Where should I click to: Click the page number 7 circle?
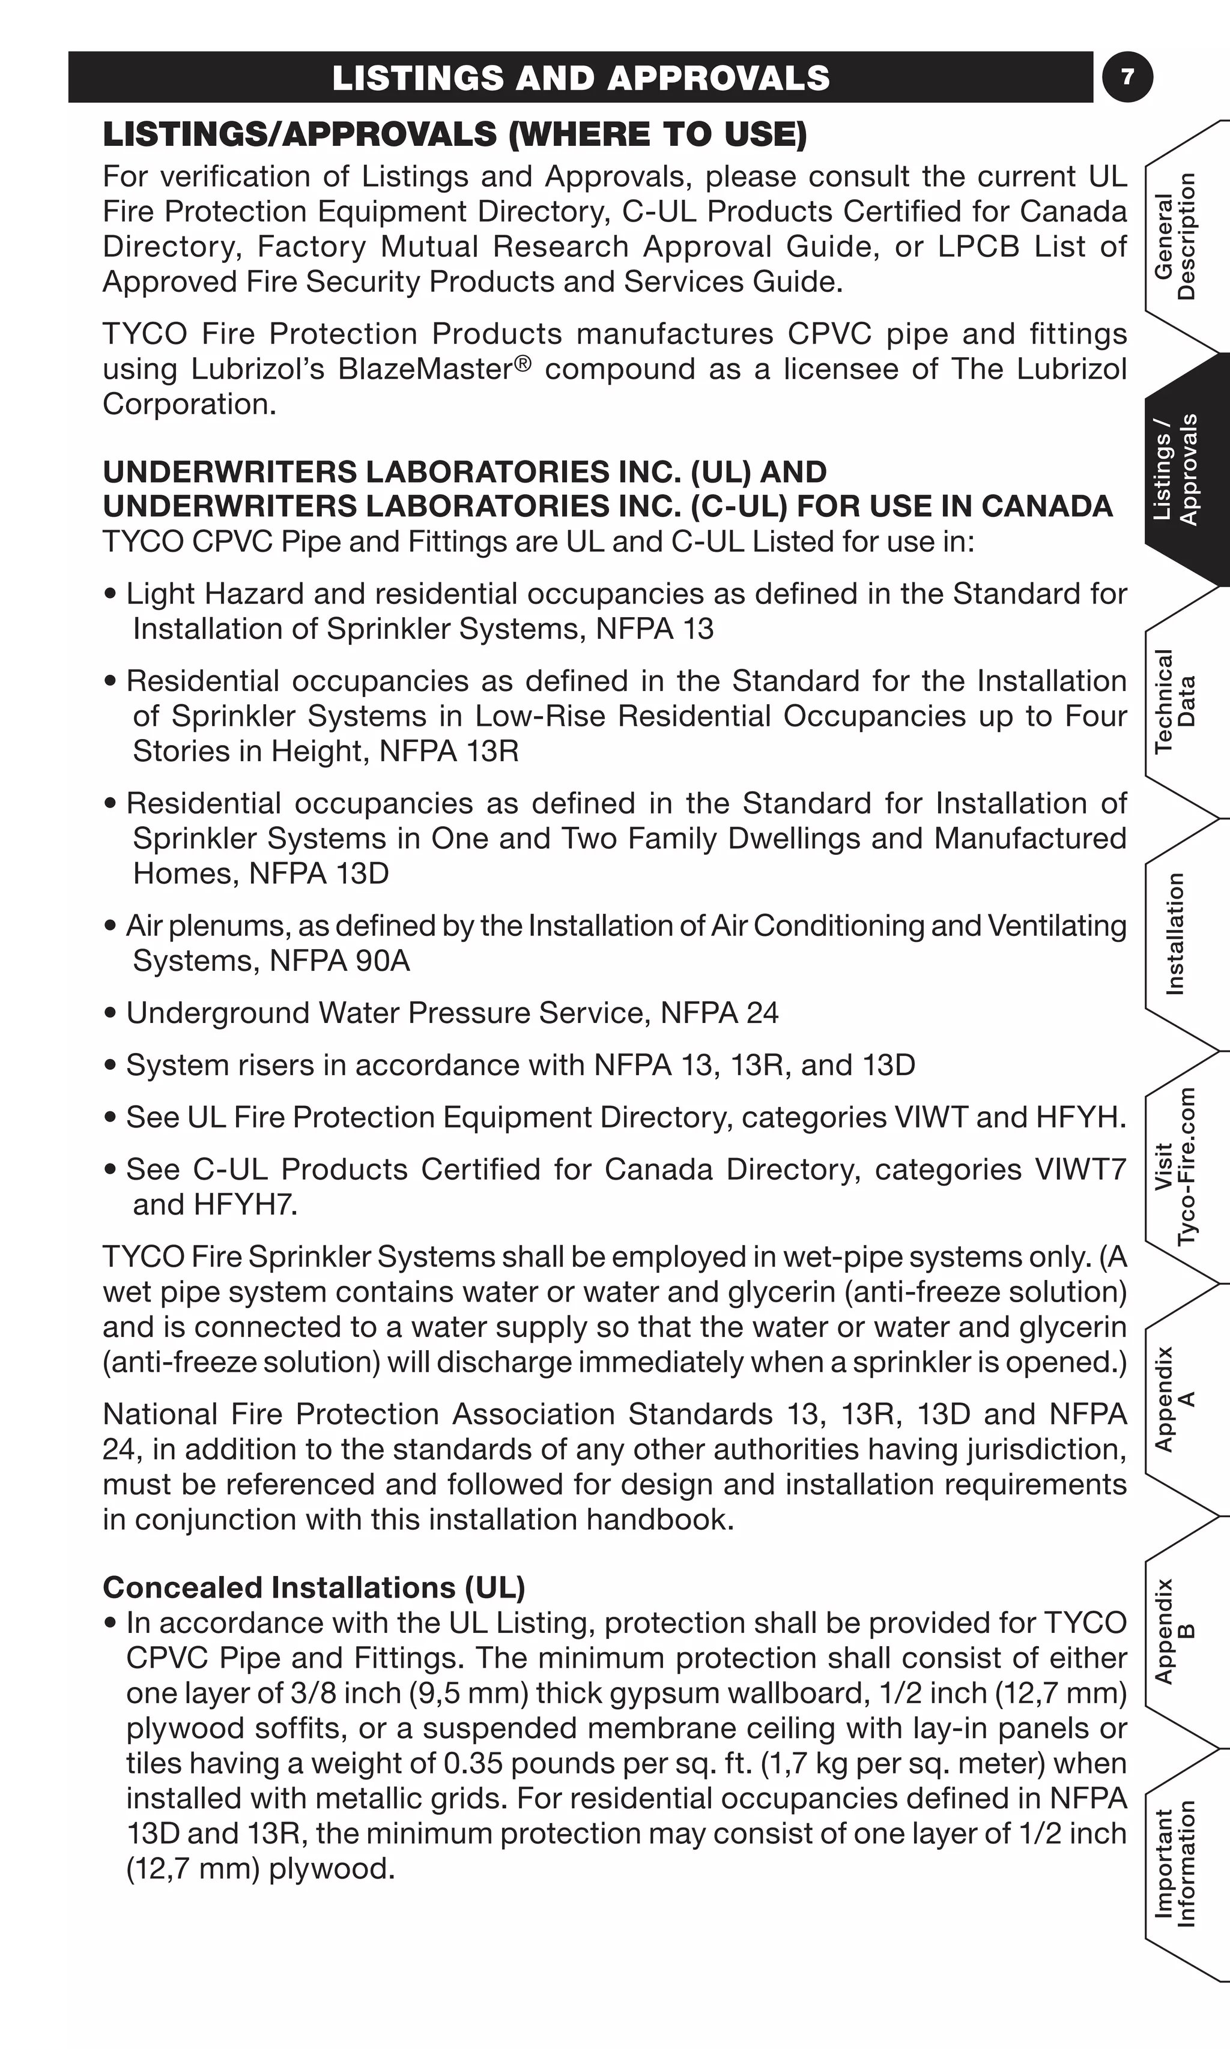pyautogui.click(x=1127, y=77)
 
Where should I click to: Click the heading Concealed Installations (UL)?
pyautogui.click(x=314, y=1587)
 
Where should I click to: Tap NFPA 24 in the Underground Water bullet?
pyautogui.click(x=719, y=1012)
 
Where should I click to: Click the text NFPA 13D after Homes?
pyautogui.click(x=318, y=874)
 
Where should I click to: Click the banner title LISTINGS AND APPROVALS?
pyautogui.click(x=580, y=78)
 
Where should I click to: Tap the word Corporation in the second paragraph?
pyautogui.click(x=189, y=404)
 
